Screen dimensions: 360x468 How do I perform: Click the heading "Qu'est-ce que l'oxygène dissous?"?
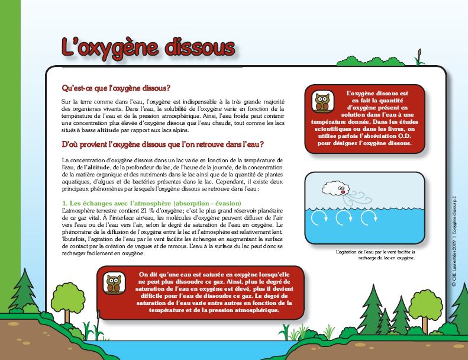(117, 88)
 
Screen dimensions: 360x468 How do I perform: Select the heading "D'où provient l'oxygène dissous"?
(163, 144)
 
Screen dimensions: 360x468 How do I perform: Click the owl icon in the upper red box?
(322, 102)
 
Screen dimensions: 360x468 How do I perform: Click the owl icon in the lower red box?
(114, 284)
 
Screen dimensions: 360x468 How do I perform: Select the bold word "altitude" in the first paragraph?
(109, 128)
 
